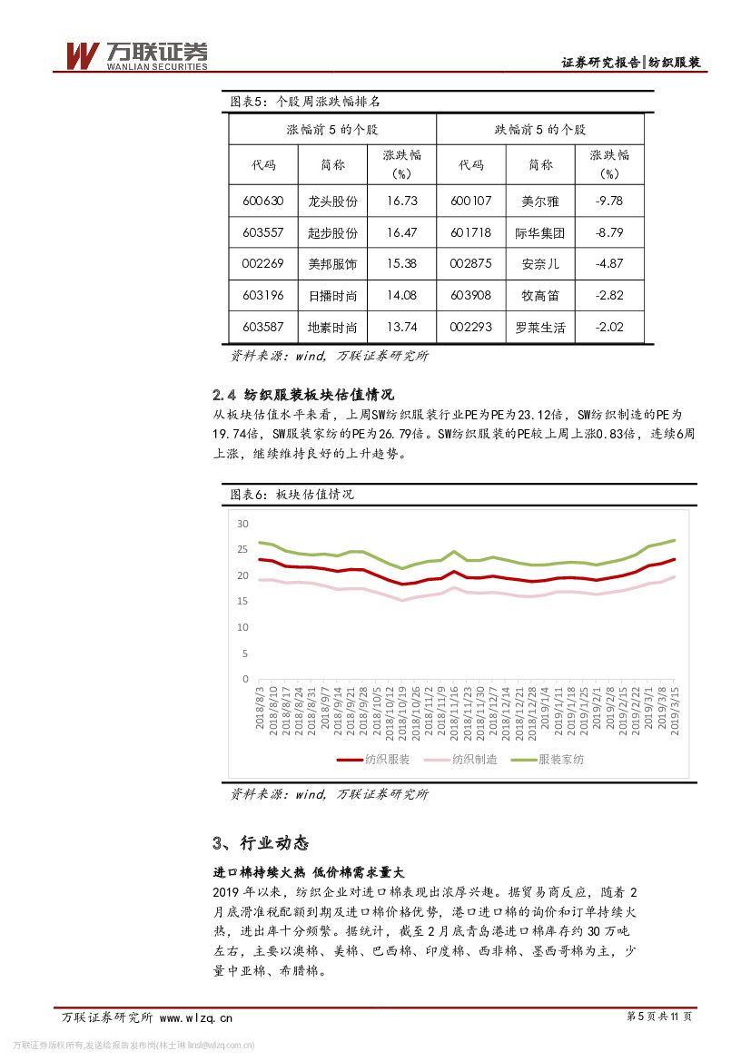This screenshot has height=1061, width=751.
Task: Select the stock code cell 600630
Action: point(263,201)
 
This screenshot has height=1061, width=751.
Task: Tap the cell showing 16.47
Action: point(401,232)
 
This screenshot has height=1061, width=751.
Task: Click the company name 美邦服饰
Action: point(333,264)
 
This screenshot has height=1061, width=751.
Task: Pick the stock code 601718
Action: point(470,232)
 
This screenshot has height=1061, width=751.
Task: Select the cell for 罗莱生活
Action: point(540,328)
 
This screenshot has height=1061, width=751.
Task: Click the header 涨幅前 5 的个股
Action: point(331,130)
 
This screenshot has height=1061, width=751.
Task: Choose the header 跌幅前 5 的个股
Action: point(540,130)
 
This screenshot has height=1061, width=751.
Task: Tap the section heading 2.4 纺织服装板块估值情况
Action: point(302,395)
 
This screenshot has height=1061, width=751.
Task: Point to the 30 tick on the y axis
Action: point(242,524)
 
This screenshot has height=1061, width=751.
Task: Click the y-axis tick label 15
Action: point(242,601)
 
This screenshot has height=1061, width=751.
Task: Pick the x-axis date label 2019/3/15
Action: point(675,713)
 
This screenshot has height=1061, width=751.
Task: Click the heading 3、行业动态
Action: point(261,843)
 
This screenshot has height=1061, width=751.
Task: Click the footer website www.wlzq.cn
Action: point(195,1017)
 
